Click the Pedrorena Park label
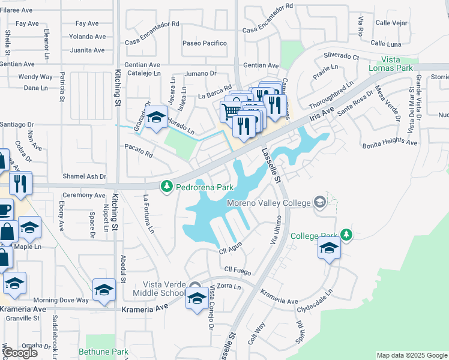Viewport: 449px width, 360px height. click(204, 187)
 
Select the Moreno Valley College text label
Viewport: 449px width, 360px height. click(268, 202)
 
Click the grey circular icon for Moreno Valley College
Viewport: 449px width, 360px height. click(319, 202)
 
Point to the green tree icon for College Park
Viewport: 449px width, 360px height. click(346, 235)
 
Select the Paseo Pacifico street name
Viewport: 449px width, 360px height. click(205, 43)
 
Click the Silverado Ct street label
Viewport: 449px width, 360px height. click(341, 56)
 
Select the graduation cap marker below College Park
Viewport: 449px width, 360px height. click(329, 248)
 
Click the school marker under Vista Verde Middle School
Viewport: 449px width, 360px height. click(197, 298)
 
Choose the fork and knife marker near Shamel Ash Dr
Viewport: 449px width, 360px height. click(20, 183)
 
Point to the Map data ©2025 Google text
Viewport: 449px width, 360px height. click(412, 355)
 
